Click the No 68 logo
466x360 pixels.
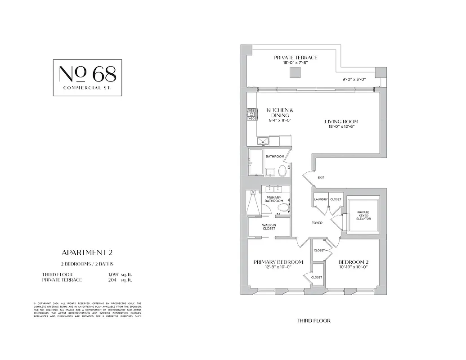pyautogui.click(x=87, y=77)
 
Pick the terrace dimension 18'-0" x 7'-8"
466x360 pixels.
pyautogui.click(x=295, y=63)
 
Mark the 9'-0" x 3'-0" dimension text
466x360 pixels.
pyautogui.click(x=354, y=79)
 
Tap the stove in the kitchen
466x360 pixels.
pyautogui.click(x=251, y=115)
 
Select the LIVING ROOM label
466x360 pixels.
pyautogui.click(x=341, y=121)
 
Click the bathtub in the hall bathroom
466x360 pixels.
pyautogui.click(x=255, y=162)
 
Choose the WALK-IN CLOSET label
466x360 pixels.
pyautogui.click(x=269, y=227)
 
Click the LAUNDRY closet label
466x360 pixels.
pyautogui.click(x=321, y=199)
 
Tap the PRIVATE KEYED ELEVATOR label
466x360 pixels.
pyautogui.click(x=363, y=215)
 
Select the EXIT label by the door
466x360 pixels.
pyautogui.click(x=321, y=178)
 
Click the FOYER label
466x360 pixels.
pyautogui.click(x=317, y=223)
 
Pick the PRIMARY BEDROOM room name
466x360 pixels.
pyautogui.click(x=278, y=262)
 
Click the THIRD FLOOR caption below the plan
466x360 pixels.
pyautogui.click(x=314, y=321)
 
